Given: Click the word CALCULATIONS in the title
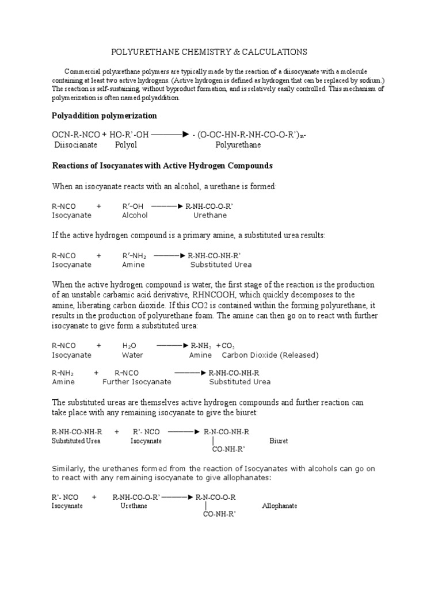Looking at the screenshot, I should (274, 52).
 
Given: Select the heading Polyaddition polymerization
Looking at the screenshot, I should (104, 116).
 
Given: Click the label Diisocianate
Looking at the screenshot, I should (75, 145).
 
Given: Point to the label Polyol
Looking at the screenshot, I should (126, 145).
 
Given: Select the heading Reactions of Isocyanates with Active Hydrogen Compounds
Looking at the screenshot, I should (162, 166).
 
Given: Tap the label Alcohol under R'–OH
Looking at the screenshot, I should (135, 215).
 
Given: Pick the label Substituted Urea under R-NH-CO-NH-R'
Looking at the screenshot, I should (221, 265).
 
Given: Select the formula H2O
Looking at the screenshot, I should (129, 346).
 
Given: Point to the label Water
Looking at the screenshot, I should (132, 355).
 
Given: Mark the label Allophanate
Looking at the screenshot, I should (280, 506).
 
